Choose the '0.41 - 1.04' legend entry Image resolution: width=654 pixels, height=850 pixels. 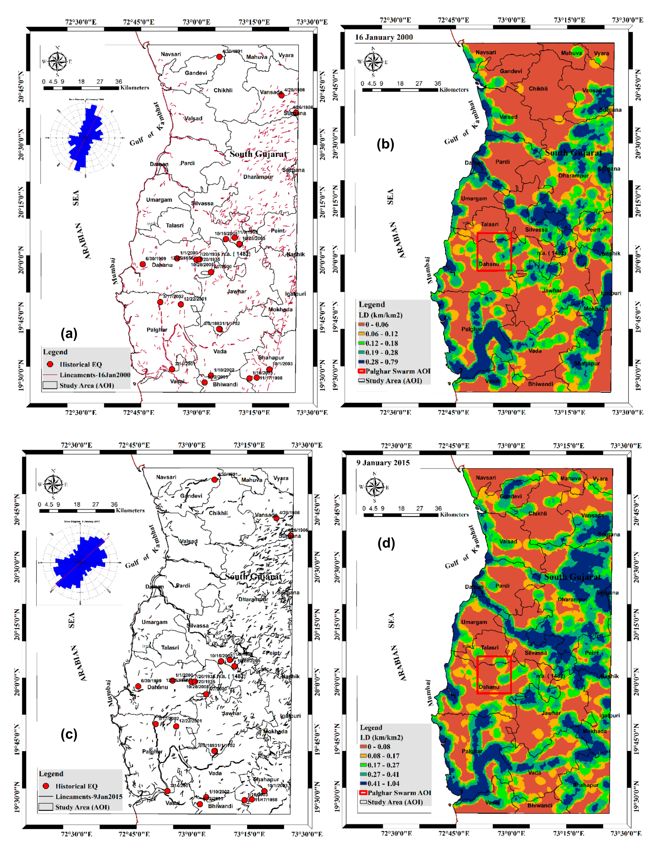(380, 783)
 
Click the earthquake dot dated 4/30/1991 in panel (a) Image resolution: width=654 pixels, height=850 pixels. (219, 57)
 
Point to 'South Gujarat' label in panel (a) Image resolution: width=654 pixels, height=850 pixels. (258, 154)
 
